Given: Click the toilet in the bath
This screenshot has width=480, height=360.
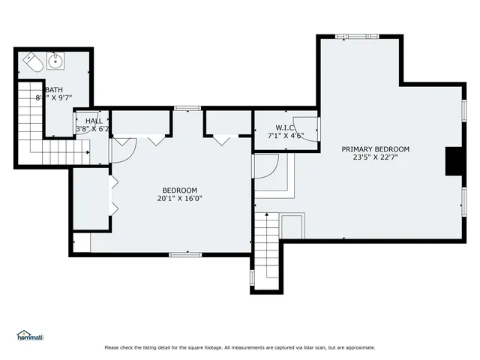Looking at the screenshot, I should coord(31,61).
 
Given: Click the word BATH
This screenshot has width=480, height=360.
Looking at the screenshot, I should coord(43,89).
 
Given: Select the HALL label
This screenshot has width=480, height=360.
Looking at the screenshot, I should coord(93,121).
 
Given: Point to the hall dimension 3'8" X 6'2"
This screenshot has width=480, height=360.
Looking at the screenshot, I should coord(93,129).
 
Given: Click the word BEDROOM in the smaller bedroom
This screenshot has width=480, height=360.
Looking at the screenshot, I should coord(180,190).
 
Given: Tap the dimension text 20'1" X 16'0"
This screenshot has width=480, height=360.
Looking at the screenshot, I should coord(180,199).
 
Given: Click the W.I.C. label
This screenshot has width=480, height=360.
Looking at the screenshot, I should coord(286,127).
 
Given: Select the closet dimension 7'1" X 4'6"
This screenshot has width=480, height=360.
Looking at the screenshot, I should coord(286,136).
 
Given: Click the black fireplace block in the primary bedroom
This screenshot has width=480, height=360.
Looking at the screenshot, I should coord(454,161).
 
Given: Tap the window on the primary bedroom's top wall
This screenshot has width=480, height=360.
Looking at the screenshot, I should coord(352,35).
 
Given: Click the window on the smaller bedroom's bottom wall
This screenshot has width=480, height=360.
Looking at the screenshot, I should coord(184,255).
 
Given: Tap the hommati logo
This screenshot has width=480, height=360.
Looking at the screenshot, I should coord(30,336).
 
